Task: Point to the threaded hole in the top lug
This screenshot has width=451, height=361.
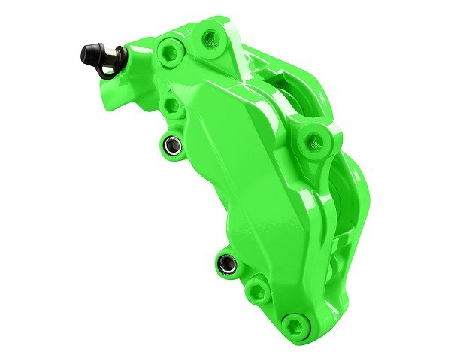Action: click(x=213, y=36)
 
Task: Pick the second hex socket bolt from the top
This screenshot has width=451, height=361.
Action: click(x=172, y=104)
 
